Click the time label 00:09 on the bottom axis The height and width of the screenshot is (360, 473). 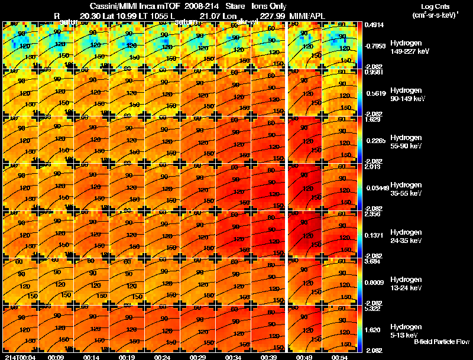(x=56, y=357)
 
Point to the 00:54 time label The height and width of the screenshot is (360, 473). (x=338, y=357)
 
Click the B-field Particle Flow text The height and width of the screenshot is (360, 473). (x=441, y=342)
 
